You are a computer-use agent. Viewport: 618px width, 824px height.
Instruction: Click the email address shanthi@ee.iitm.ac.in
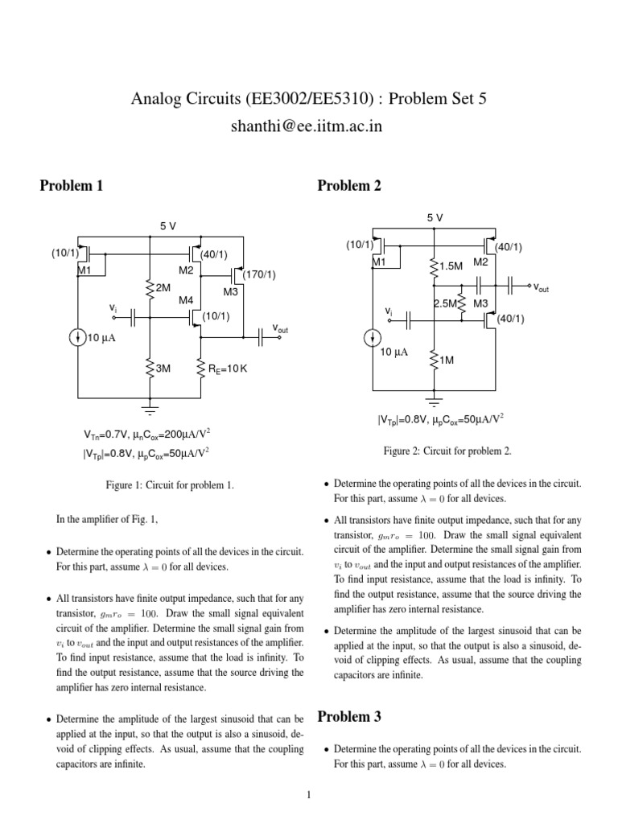point(308,126)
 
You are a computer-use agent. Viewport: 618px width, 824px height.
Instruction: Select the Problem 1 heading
point(72,186)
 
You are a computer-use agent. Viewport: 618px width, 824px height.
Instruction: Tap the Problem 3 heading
point(349,716)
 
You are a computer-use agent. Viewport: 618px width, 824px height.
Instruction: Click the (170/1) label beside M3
point(258,275)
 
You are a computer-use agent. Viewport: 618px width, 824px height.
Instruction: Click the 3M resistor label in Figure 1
point(163,368)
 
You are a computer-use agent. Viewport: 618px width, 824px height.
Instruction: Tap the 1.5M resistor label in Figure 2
point(451,265)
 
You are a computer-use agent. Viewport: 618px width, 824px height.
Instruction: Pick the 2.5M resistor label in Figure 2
point(445,303)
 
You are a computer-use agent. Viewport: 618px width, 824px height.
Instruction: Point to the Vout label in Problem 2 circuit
point(541,286)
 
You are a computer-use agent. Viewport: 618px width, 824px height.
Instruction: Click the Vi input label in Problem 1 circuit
point(113,308)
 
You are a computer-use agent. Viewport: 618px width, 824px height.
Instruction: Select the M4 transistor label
point(186,300)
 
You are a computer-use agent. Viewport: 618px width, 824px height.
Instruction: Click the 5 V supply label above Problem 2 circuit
point(435,218)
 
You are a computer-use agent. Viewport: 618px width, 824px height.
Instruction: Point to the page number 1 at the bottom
point(308,796)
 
